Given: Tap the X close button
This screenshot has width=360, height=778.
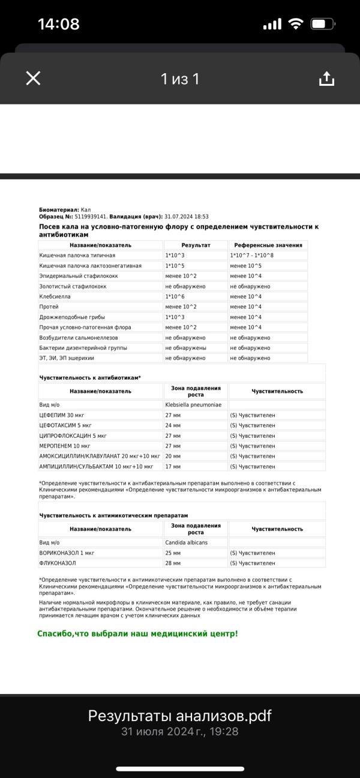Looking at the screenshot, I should click(33, 78).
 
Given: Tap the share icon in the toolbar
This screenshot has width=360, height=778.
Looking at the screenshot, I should click(326, 79).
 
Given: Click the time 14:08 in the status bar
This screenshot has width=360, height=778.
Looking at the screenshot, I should click(58, 24).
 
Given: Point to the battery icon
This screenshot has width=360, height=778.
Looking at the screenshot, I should click(322, 24).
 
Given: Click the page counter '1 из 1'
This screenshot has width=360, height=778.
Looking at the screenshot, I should click(179, 79).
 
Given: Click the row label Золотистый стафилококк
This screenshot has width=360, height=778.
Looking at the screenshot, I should click(73, 286).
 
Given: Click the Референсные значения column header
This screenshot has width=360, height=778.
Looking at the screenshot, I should click(268, 245).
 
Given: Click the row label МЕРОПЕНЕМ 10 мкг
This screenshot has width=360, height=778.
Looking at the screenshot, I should click(65, 446).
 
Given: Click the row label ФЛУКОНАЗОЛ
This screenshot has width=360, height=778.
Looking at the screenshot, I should click(58, 563).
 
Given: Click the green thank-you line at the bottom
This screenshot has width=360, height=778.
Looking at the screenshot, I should click(137, 633).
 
